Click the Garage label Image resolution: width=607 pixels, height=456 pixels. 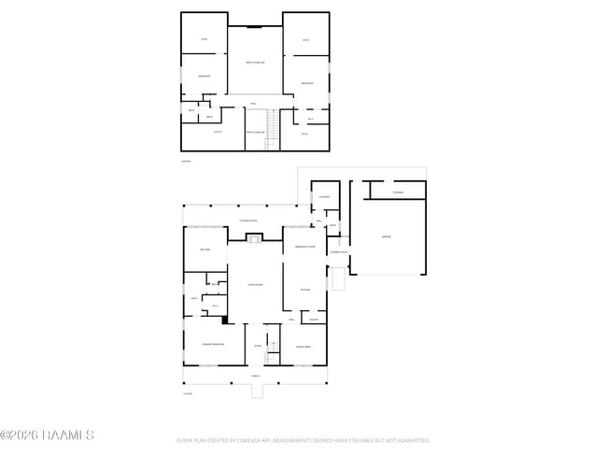386,237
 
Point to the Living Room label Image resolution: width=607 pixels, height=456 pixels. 253,284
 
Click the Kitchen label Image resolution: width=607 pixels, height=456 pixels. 304,290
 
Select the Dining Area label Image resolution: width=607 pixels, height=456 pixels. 303,347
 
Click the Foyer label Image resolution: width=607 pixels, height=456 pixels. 257,346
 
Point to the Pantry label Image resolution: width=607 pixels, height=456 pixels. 314,320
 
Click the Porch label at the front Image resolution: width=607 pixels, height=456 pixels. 255,375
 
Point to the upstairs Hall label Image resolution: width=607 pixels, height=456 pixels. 253,102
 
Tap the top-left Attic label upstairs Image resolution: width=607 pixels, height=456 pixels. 205,39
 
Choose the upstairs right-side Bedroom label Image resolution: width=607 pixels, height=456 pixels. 306,84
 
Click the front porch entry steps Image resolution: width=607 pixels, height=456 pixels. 257,392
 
